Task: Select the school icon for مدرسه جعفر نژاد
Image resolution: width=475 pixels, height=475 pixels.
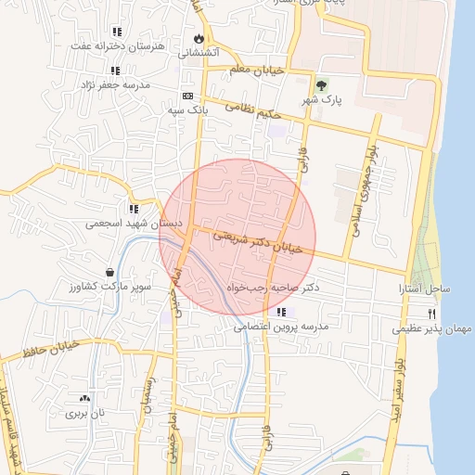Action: pyautogui.click(x=115, y=71)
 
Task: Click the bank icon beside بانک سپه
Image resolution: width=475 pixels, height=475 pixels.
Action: pyautogui.click(x=187, y=96)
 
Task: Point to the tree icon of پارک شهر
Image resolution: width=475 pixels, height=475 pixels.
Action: pyautogui.click(x=321, y=85)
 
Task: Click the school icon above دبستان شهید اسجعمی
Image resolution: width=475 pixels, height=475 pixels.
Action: pyautogui.click(x=135, y=209)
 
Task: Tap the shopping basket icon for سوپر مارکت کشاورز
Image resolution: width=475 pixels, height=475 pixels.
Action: pyautogui.click(x=110, y=273)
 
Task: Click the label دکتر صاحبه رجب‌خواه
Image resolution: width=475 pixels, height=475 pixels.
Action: pyautogui.click(x=273, y=288)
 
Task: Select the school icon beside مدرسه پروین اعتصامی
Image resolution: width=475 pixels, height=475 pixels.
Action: pyautogui.click(x=281, y=312)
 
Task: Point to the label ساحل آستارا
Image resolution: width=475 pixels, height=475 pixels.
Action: pyautogui.click(x=426, y=289)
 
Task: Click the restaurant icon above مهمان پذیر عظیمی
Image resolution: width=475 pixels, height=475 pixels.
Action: pyautogui.click(x=431, y=315)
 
